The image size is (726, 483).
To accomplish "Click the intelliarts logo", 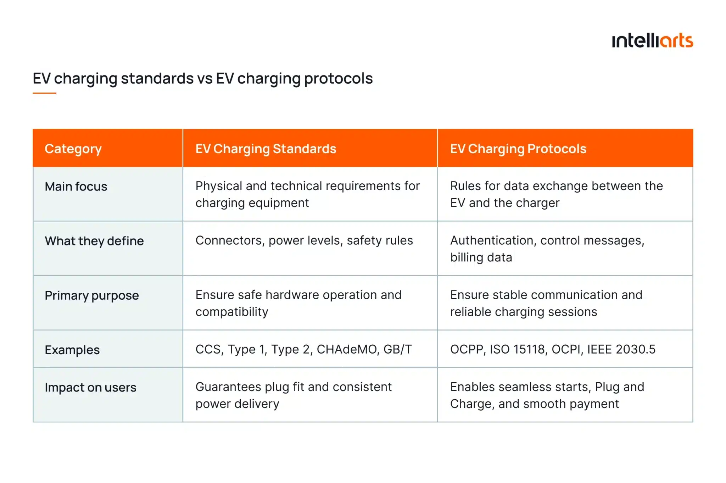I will (x=652, y=40).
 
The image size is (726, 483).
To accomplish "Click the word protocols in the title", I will (x=338, y=78).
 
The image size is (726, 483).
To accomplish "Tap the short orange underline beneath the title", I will (x=44, y=93).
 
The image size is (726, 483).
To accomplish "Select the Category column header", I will (x=73, y=149).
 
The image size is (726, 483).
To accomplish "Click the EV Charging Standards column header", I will (x=266, y=149).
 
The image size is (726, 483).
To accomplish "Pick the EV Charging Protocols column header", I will (x=518, y=149).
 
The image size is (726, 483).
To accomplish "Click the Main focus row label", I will (x=76, y=187).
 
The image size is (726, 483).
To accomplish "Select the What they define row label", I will (x=94, y=241).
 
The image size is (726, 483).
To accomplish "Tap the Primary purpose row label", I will (x=92, y=295).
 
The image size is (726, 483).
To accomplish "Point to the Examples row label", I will (x=72, y=350).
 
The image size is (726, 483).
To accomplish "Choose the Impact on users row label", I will (x=90, y=388).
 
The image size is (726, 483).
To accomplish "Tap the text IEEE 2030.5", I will (x=621, y=349).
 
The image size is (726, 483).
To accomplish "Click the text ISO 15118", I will (x=517, y=349).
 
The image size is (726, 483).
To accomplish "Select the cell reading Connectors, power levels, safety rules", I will (x=304, y=240).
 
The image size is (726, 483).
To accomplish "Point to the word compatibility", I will (x=232, y=312).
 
